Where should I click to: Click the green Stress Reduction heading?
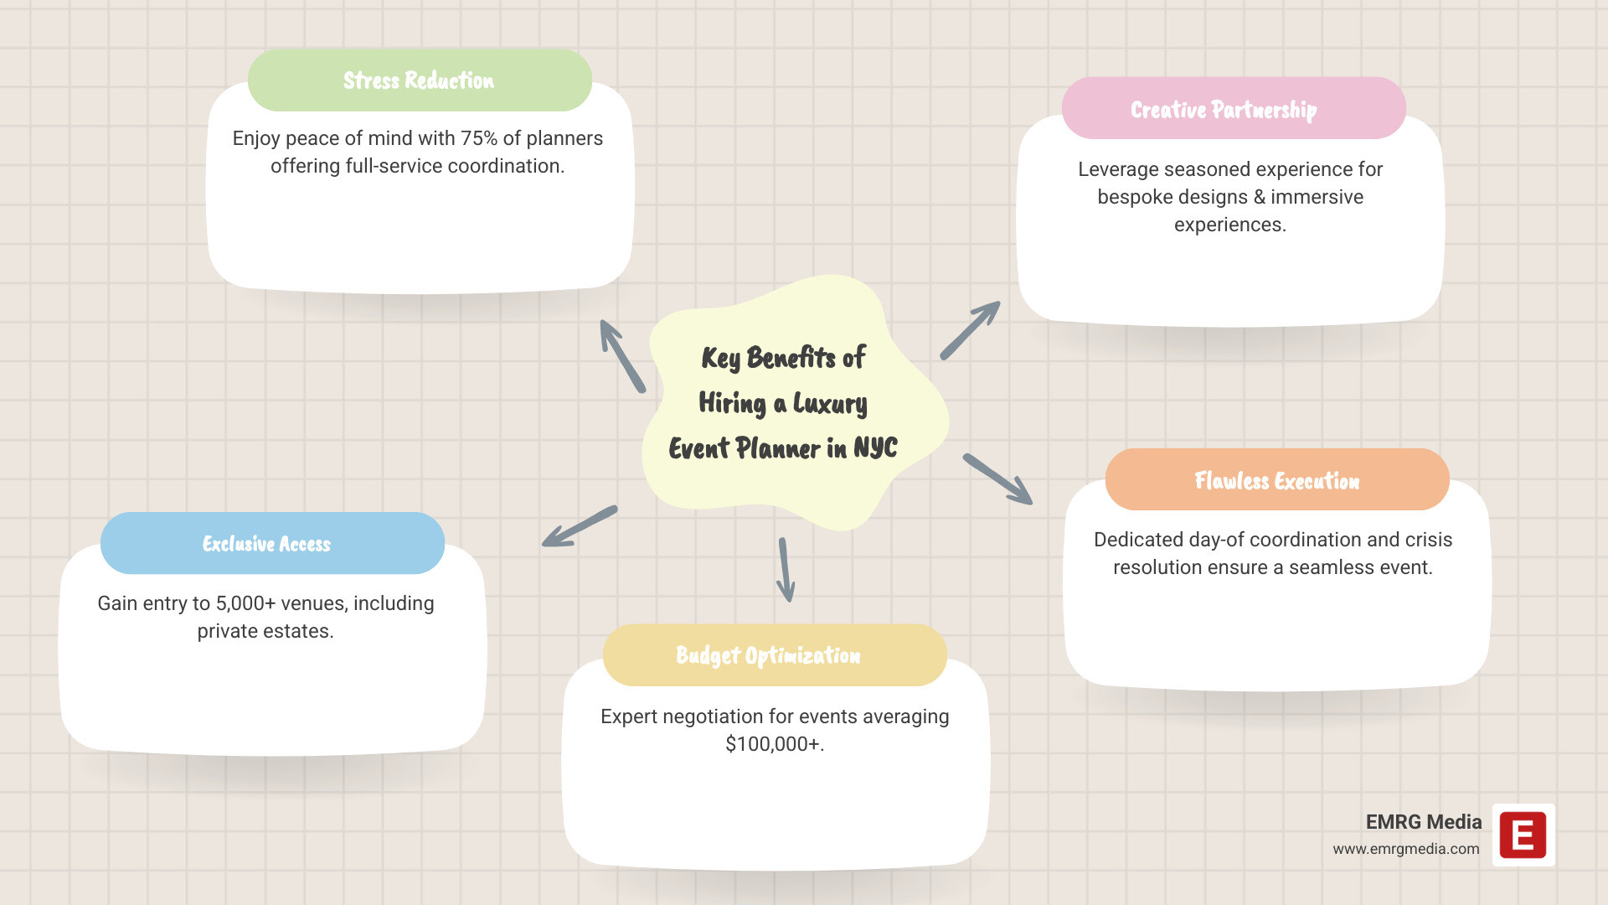point(419,80)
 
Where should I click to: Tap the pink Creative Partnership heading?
point(1224,110)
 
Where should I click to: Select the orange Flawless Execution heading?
point(1276,481)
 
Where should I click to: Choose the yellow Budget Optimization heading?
point(768,655)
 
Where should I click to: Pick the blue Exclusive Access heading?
point(266,544)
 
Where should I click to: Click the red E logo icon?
point(1523,835)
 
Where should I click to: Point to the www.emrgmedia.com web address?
point(1405,849)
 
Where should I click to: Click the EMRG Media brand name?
point(1423,822)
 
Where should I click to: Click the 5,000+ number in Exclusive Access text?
point(245,603)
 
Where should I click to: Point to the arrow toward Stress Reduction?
point(621,355)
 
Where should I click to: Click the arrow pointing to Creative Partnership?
point(970,330)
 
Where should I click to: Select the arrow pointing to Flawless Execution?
point(997,479)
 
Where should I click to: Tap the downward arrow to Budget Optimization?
point(785,570)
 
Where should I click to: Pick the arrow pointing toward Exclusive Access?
point(580,526)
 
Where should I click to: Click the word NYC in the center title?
point(875,448)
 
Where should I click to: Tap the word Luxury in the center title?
point(830,404)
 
